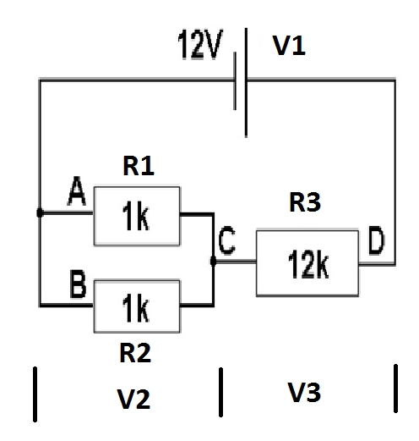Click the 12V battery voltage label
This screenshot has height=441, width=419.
coord(200,44)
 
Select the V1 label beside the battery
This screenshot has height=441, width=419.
coord(289,46)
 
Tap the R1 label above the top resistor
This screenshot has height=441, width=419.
coord(139,166)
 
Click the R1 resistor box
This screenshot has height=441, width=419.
coord(137,216)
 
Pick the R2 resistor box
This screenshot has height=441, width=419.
coord(137,306)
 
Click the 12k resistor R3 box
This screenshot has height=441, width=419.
coord(307,263)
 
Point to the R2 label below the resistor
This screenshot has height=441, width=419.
coord(135,353)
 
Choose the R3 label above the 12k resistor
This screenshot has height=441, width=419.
coord(305,202)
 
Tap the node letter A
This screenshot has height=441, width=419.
coord(77,191)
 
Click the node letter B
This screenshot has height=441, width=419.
coord(78,284)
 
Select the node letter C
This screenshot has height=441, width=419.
coord(226,240)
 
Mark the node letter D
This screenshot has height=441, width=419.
coord(377,240)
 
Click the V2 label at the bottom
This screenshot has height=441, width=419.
coord(133,399)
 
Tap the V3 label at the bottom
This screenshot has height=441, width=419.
coord(304,392)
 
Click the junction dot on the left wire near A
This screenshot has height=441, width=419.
coord(40,212)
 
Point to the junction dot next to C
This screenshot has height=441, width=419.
coord(213,262)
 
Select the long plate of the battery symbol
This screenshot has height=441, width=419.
coord(246,82)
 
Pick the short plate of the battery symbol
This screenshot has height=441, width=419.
coord(235,80)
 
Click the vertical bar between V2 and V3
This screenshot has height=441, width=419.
coord(220,392)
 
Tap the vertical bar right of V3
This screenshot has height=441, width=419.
coord(395,389)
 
